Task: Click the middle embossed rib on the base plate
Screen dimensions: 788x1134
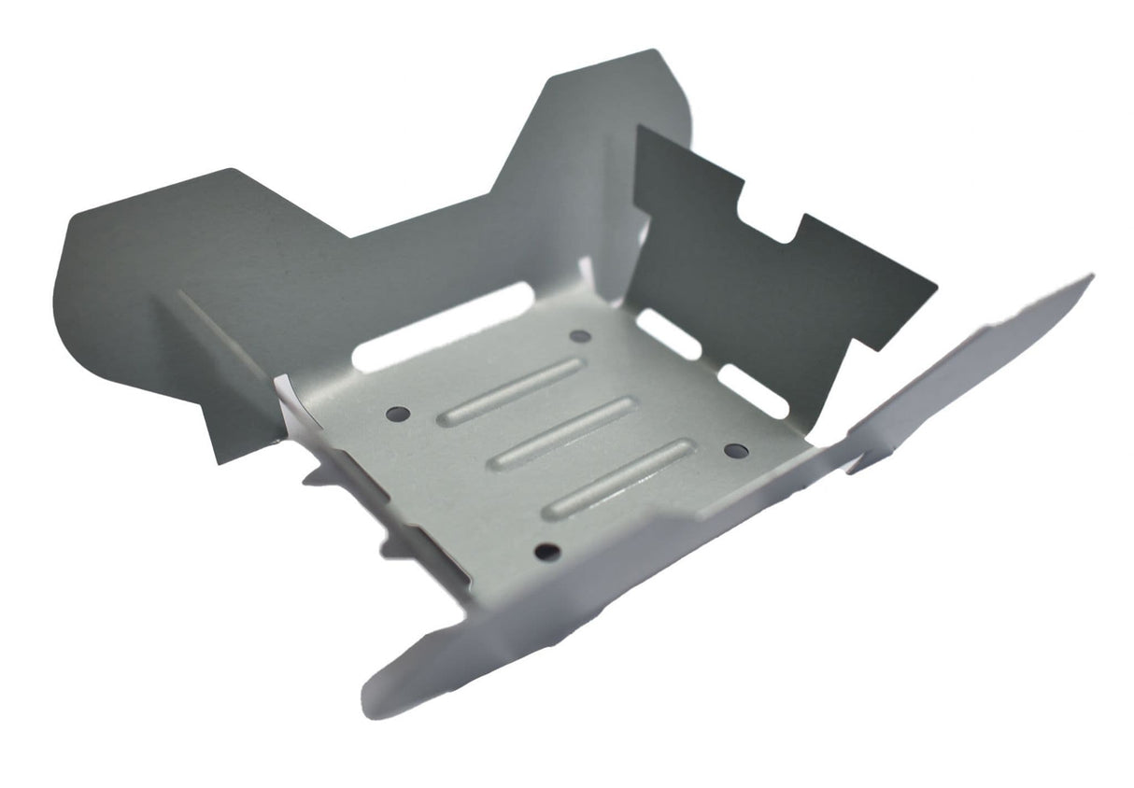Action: pyautogui.click(x=563, y=432)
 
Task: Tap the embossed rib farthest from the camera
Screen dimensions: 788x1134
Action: pyautogui.click(x=512, y=391)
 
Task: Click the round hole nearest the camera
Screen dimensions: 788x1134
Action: pyautogui.click(x=547, y=552)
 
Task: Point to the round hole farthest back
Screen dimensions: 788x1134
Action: pyautogui.click(x=580, y=336)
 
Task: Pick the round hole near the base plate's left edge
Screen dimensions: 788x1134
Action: pyautogui.click(x=399, y=412)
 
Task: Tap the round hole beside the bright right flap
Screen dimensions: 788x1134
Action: pyautogui.click(x=735, y=451)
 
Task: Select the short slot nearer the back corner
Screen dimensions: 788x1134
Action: pyautogui.click(x=668, y=333)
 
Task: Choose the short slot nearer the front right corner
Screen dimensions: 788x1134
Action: pyautogui.click(x=753, y=390)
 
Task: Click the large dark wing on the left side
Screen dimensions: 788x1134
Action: pyautogui.click(x=187, y=280)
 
